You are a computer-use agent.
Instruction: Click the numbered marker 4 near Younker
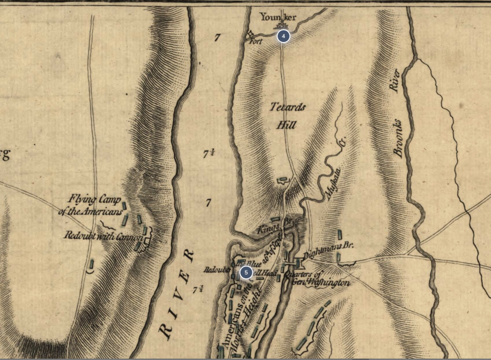[283, 36]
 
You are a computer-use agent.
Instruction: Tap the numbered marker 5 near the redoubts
[246, 272]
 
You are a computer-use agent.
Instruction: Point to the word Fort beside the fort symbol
[255, 42]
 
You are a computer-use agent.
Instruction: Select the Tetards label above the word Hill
[288, 107]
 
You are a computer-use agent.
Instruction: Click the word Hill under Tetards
[287, 125]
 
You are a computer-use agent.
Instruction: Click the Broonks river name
[398, 138]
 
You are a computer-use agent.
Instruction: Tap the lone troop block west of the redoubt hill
[92, 264]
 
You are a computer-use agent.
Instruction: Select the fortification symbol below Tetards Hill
[282, 180]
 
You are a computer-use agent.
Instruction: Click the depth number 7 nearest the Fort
[217, 37]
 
